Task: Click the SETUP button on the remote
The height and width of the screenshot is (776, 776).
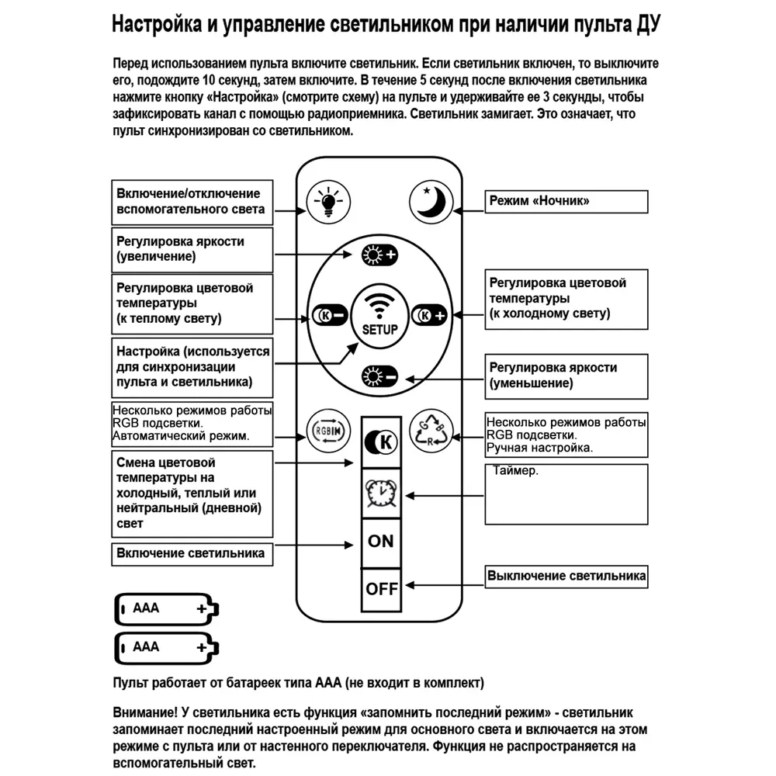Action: (x=379, y=315)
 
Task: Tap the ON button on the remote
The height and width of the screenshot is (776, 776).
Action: (x=381, y=542)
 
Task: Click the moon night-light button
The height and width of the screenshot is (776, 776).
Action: (x=431, y=202)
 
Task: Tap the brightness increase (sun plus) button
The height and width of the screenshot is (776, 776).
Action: (x=379, y=255)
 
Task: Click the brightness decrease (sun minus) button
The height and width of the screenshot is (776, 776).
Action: (x=379, y=377)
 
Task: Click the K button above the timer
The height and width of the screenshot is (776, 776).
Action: (x=381, y=442)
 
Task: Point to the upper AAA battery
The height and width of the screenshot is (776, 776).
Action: (x=167, y=608)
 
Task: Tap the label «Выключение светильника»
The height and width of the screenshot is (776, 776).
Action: (x=566, y=577)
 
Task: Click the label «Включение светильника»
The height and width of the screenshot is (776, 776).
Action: (x=191, y=553)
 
